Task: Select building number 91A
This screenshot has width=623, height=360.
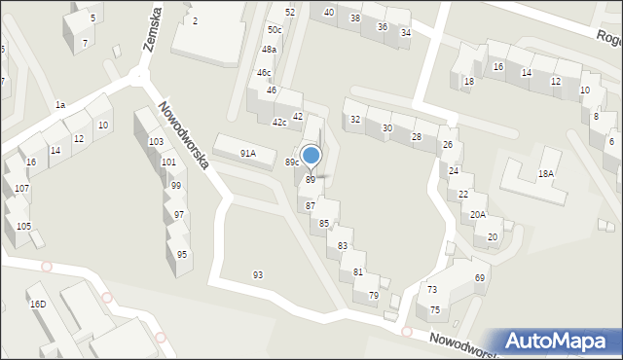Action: (248, 153)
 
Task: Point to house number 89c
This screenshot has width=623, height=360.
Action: (291, 162)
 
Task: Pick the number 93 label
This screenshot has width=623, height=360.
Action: (258, 275)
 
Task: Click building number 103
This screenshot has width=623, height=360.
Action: (156, 142)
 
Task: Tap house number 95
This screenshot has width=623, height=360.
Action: (182, 255)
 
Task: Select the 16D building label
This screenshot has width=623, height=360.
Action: (38, 305)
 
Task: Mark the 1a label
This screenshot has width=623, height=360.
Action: (59, 104)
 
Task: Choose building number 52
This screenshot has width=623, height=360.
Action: (290, 12)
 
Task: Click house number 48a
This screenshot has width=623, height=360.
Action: (269, 50)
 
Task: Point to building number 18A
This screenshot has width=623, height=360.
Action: (546, 173)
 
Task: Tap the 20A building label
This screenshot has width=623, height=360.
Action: (477, 215)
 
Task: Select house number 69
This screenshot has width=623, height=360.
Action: (480, 278)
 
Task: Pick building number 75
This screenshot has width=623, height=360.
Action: (435, 309)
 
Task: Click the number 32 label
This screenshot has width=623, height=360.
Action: (355, 120)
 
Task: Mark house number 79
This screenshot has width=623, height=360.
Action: (373, 295)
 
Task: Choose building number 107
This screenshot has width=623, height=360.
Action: (21, 189)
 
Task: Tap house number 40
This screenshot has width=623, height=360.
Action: (329, 12)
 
